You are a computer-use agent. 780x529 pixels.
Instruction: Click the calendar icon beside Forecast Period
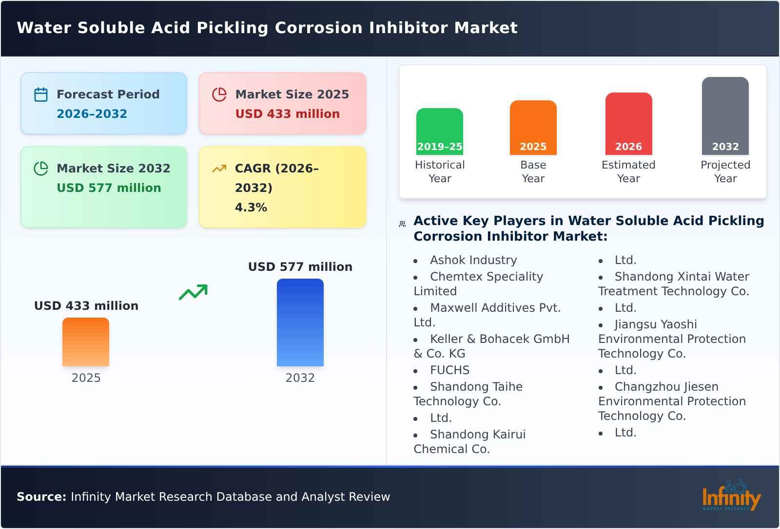click(41, 94)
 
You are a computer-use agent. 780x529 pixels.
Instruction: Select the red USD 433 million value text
click(287, 114)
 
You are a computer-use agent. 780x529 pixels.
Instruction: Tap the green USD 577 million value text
click(109, 188)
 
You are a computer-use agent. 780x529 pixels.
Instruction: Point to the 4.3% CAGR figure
click(251, 208)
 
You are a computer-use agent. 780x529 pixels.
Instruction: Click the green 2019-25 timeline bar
click(439, 131)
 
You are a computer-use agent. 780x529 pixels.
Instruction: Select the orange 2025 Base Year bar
click(533, 127)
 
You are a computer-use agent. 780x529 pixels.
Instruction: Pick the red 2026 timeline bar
click(628, 123)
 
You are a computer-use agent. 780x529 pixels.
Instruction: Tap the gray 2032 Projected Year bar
click(725, 115)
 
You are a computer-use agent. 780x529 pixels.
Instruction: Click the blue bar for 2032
click(300, 322)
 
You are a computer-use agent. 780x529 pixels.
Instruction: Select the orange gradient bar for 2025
click(86, 341)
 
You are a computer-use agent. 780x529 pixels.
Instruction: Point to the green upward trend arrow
click(193, 292)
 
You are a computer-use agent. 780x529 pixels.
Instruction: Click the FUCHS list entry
click(449, 370)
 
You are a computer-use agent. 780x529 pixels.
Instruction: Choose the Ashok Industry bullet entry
click(473, 260)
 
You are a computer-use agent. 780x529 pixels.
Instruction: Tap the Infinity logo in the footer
click(731, 497)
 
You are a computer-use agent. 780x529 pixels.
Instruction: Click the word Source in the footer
click(41, 497)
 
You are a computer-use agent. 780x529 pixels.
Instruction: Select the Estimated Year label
click(628, 171)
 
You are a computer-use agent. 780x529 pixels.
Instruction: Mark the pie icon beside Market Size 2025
click(219, 94)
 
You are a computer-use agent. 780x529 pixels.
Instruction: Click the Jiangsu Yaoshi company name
click(655, 324)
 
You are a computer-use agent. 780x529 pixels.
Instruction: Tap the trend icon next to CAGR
click(219, 169)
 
